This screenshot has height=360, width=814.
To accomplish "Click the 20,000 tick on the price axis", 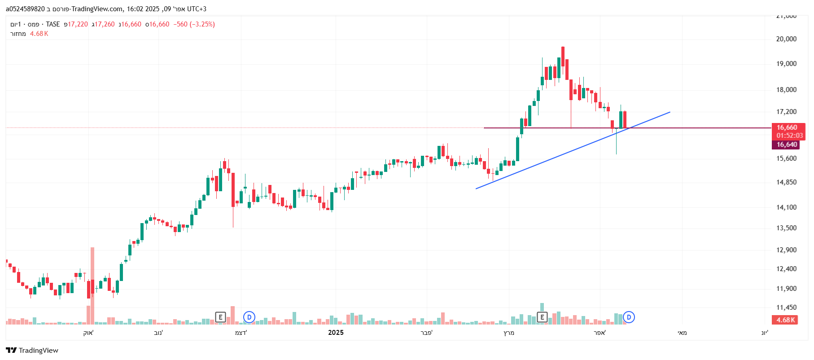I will coord(786,39).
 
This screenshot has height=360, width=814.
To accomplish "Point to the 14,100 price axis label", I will coord(786,207).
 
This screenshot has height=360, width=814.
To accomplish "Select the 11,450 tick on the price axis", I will coord(786,307).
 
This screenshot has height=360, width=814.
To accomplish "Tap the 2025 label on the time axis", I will coord(336,333).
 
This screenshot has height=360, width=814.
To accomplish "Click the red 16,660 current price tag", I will coord(787,127).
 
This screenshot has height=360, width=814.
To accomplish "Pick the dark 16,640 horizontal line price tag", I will coord(787,145).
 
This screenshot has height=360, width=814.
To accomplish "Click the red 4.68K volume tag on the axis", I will coord(786,320).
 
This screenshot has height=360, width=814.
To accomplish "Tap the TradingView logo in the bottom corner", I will coord(32,350).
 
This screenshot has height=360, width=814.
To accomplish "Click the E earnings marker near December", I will coord(220,317).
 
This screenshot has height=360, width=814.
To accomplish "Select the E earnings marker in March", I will coord(542,317).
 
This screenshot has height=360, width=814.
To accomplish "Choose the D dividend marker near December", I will coord(249,317).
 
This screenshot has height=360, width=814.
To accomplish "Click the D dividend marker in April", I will coord(629,317).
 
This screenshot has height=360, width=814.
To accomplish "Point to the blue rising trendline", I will coord(561,154).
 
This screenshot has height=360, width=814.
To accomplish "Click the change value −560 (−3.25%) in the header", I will coord(194,24).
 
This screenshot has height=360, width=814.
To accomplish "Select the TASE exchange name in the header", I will coord(53,24).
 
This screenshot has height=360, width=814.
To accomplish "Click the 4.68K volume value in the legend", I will coord(39,34).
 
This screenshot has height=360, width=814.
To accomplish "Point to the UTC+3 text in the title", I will coord(197,9).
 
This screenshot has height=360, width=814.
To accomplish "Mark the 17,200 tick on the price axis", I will coord(786,112).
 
